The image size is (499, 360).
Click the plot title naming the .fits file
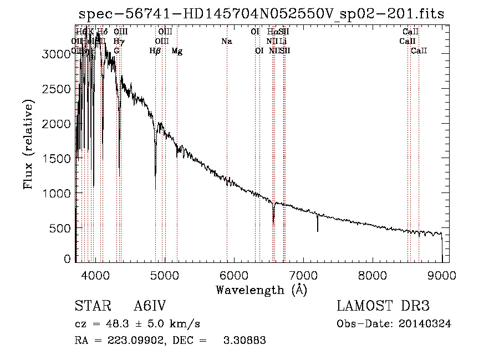(x=262, y=14)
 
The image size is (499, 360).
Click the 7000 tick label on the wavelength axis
(x=303, y=275)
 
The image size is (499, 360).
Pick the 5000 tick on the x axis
(x=165, y=275)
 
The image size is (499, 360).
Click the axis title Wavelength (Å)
(x=261, y=290)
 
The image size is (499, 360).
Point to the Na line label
(x=226, y=41)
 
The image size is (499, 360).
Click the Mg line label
(x=176, y=51)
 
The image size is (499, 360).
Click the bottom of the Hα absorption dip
(x=273, y=223)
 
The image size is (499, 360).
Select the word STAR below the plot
(x=89, y=306)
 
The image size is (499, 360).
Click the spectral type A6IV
(x=150, y=306)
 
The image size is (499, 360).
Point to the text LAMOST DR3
(x=383, y=306)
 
